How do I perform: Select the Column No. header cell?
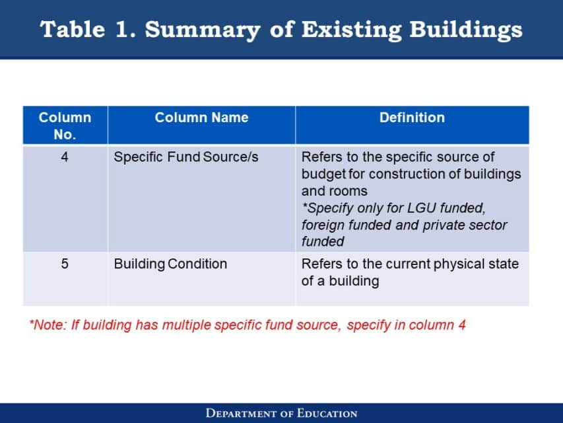pyautogui.click(x=65, y=126)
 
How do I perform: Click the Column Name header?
pyautogui.click(x=201, y=118)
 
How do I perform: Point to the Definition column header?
pyautogui.click(x=412, y=118)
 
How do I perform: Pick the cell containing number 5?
pyautogui.click(x=65, y=264)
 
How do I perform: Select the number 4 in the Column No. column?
pyautogui.click(x=65, y=157)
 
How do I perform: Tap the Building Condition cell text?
pyautogui.click(x=170, y=264)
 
